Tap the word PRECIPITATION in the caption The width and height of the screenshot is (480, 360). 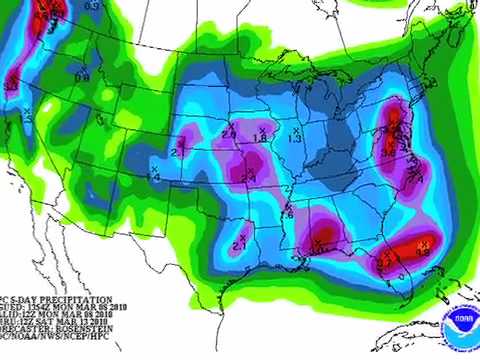68,299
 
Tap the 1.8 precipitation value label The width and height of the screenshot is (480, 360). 262,137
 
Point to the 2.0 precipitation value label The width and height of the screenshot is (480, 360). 228,132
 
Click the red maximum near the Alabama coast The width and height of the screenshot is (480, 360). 324,236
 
